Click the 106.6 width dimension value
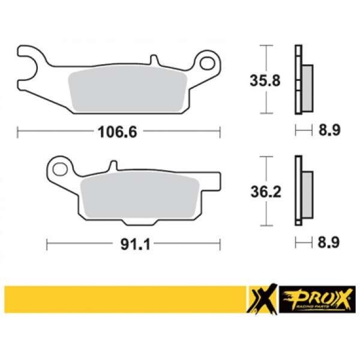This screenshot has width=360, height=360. (118, 132)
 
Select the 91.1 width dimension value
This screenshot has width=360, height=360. (136, 244)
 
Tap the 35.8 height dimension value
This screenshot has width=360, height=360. (265, 80)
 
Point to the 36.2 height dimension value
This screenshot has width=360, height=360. (266, 192)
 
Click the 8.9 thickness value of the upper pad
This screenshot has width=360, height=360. (329, 130)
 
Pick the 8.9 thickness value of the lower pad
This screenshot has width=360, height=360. (329, 242)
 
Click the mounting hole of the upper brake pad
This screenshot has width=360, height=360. (208, 64)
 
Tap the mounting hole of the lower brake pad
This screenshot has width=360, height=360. (60, 169)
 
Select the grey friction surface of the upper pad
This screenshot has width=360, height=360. (128, 89)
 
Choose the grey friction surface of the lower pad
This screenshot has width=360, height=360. (140, 195)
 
